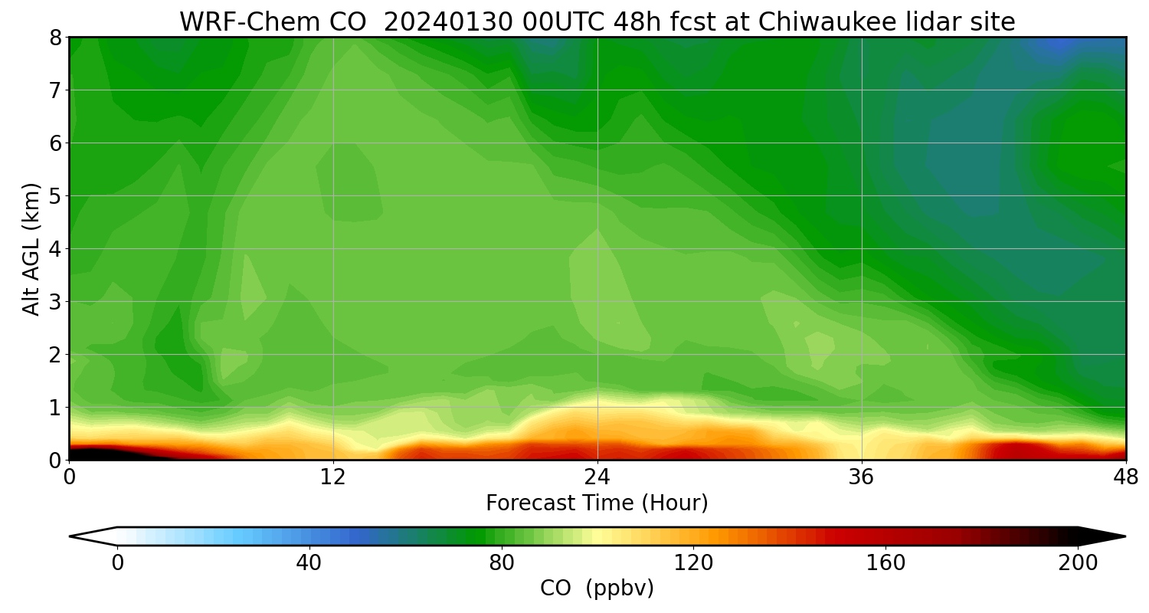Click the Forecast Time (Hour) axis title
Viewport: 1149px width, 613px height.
[x=597, y=503]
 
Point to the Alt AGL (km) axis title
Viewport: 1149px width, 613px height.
[x=31, y=248]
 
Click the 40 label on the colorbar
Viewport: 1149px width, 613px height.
[x=309, y=563]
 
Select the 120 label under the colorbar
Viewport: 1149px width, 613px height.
[x=693, y=563]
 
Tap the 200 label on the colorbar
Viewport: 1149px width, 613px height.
[x=1078, y=563]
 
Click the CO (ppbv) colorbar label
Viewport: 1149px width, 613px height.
[x=597, y=588]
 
